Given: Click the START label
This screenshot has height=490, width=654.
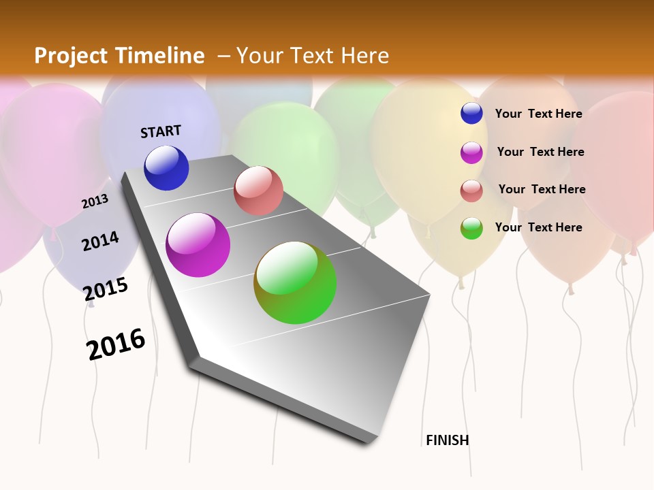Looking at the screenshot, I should pos(161,131).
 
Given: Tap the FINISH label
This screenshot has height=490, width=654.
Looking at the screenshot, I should pos(448,440).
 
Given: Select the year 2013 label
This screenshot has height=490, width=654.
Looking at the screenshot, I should pos(95,201).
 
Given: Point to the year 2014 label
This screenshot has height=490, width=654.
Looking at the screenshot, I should pos(101,241).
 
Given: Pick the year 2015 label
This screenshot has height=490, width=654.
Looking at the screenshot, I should pos(106,289).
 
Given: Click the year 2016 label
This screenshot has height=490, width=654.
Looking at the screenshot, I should pos(116,344).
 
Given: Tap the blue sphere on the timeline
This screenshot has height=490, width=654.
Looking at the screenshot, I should pos(166,168).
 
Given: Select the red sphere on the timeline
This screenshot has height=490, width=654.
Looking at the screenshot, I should pos(258,191).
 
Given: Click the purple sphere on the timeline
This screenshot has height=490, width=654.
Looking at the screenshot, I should pos(198,245).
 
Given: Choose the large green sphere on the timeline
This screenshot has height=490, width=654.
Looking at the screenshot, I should pos(295,282).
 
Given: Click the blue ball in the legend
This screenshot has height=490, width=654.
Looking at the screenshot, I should pos(471,114).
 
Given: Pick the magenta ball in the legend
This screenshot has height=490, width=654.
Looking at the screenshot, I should pos(471,152).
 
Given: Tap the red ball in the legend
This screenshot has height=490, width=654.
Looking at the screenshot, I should pos(471,191).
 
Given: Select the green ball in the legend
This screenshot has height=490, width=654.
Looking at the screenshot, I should pos(471,229).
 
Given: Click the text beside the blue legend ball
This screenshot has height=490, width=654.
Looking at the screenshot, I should pos(538,114).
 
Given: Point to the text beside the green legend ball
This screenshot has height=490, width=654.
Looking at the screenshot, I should pos(538,227).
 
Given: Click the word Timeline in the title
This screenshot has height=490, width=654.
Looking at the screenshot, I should pos(160,56).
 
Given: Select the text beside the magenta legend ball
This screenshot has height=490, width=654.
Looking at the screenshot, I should pos(540,152).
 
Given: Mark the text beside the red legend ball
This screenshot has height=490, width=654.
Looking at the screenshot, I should pos(542,189).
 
